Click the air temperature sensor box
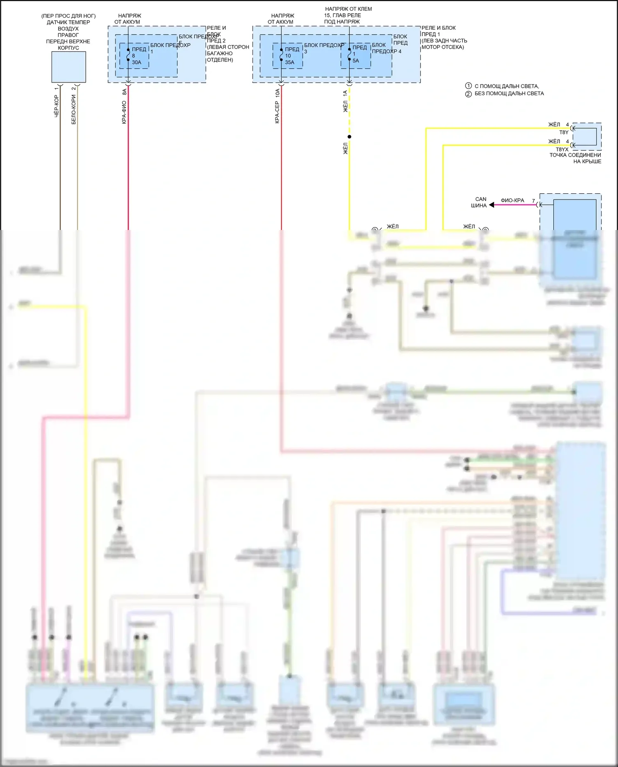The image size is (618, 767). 69,67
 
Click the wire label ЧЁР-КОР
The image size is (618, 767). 56,106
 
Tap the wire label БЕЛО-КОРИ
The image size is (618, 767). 74,109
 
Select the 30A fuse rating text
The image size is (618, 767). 136,62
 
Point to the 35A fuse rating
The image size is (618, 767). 290,62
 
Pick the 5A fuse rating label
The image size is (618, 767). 356,61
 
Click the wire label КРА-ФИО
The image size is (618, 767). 124,113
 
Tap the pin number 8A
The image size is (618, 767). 124,92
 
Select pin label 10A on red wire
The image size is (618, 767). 277,93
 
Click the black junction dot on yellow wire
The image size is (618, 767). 349,137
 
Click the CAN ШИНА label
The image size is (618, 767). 480,202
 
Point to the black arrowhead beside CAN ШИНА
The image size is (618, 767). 492,205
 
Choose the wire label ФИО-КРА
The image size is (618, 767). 512,200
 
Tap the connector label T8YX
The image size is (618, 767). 562,150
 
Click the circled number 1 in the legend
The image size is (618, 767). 468,86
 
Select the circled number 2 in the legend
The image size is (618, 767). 468,94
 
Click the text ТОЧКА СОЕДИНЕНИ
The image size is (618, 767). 575,155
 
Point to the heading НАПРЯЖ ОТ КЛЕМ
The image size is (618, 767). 348,9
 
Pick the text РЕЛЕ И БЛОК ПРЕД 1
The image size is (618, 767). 438,31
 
